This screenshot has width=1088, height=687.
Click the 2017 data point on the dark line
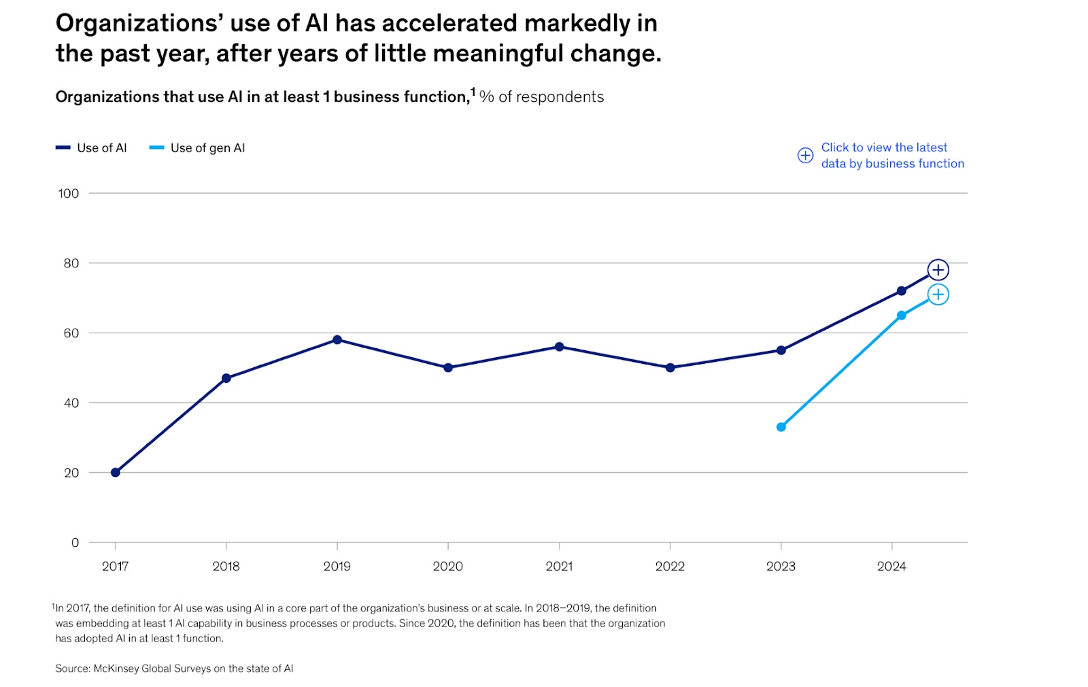(x=116, y=472)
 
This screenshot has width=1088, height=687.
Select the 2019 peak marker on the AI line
(x=337, y=339)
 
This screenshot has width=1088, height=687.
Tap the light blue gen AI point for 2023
(x=781, y=427)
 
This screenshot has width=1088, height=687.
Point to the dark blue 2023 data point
(x=781, y=350)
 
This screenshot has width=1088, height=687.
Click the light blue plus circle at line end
(x=938, y=295)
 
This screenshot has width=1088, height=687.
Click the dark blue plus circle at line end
(x=938, y=270)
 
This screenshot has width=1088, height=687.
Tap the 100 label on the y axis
(x=68, y=193)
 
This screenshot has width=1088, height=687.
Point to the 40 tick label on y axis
(x=71, y=403)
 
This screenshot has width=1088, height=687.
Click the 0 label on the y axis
(x=75, y=542)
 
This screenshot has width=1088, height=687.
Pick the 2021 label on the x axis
(x=559, y=566)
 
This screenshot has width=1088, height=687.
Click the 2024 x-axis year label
(x=891, y=566)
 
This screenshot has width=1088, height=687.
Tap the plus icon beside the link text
(x=805, y=155)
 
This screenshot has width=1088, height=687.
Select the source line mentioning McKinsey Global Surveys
(x=174, y=669)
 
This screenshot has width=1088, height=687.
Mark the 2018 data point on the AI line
(x=226, y=378)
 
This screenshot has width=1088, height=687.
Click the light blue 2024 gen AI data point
(x=901, y=316)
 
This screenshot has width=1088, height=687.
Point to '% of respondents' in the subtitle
(x=541, y=97)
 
